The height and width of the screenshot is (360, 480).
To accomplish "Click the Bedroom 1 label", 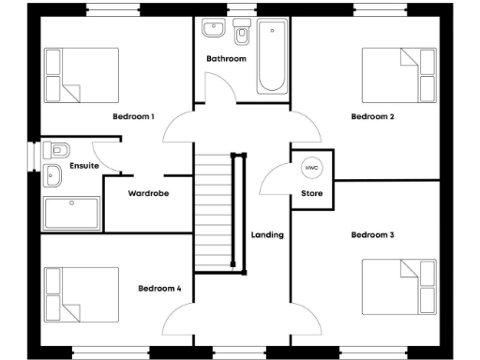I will [133, 117].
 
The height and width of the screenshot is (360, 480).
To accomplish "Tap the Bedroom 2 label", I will [371, 117].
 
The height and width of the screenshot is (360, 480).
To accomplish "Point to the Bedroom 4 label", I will [158, 288].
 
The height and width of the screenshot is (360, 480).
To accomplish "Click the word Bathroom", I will [226, 59].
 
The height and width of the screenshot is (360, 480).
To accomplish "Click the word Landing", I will [267, 234].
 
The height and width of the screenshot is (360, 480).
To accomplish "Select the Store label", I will [311, 194].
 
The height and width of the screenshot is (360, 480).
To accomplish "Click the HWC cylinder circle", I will [311, 169].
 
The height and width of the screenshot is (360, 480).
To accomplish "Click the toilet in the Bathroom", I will [243, 35].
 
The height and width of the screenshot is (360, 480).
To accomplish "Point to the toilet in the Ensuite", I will [58, 149].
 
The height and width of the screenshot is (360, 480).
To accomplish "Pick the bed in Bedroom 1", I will [82, 76].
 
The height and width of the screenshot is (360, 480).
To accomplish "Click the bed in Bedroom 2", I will [398, 76].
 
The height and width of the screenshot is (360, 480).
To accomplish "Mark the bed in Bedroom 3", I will [398, 287].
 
